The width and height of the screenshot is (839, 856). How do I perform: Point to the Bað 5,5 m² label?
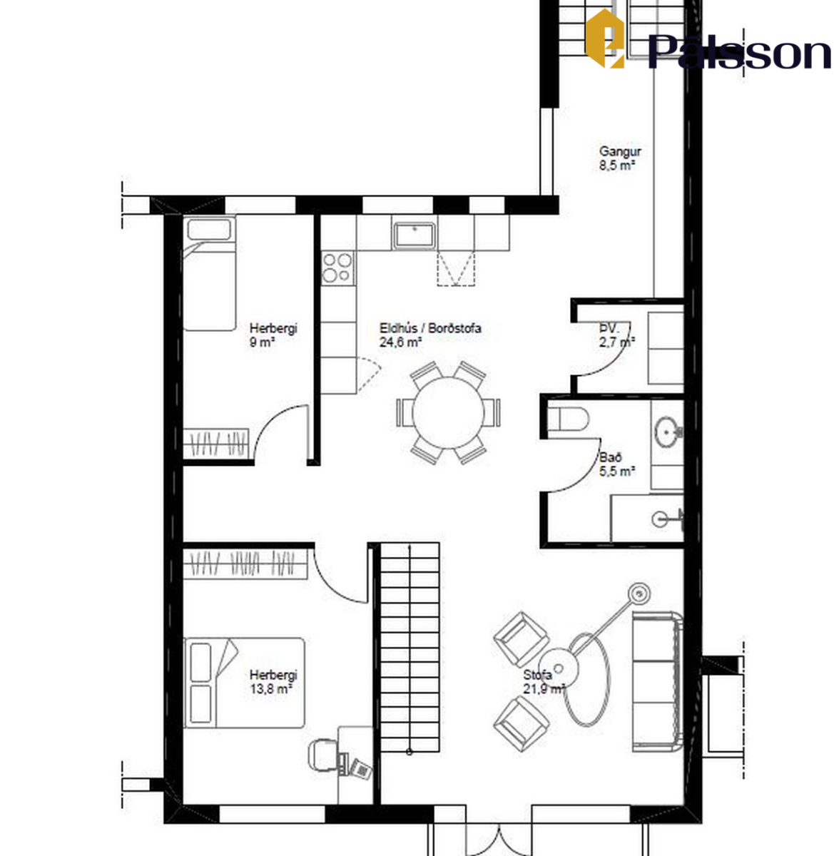[617, 464]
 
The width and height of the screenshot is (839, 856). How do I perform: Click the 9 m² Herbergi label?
[273, 335]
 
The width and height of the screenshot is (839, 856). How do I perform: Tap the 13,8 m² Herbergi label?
[273, 681]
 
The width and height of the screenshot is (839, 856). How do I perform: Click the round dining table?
[448, 413]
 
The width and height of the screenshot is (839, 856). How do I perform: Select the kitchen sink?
[414, 235]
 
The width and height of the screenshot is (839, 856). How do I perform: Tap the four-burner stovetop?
[337, 267]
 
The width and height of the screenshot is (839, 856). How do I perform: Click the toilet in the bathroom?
[569, 419]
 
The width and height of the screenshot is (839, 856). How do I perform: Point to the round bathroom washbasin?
[668, 431]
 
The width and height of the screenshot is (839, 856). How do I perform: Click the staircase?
[410, 647]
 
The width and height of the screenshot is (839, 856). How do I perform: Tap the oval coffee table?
[587, 679]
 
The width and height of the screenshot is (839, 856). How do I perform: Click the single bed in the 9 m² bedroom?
[209, 274]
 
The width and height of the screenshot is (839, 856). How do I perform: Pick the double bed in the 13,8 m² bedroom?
[245, 683]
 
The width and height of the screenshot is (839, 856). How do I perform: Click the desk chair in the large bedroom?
[323, 755]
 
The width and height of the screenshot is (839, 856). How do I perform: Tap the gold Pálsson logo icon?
[605, 39]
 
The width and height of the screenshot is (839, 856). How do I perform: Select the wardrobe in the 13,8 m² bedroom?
[245, 564]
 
